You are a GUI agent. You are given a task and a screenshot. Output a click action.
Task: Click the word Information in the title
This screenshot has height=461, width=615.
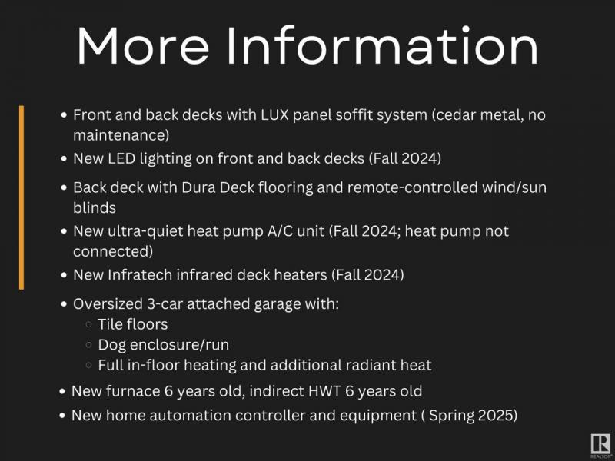tap(382, 45)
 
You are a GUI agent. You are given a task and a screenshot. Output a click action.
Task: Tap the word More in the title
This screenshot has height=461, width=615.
tap(143, 45)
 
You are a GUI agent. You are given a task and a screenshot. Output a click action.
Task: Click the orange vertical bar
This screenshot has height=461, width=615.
tap(22, 197)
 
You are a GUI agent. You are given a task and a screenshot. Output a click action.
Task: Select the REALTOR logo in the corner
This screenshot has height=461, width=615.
tap(600, 446)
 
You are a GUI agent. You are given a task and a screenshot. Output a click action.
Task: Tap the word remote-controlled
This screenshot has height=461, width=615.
tap(412, 187)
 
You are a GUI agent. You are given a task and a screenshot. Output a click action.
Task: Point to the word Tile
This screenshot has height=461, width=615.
tap(110, 324)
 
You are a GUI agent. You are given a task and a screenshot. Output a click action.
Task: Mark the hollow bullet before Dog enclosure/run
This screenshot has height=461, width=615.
tap(88, 344)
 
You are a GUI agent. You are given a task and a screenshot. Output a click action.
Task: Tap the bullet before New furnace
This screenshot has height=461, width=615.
tap(62, 391)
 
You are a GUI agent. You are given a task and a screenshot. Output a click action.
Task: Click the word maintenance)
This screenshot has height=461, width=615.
tap(121, 135)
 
